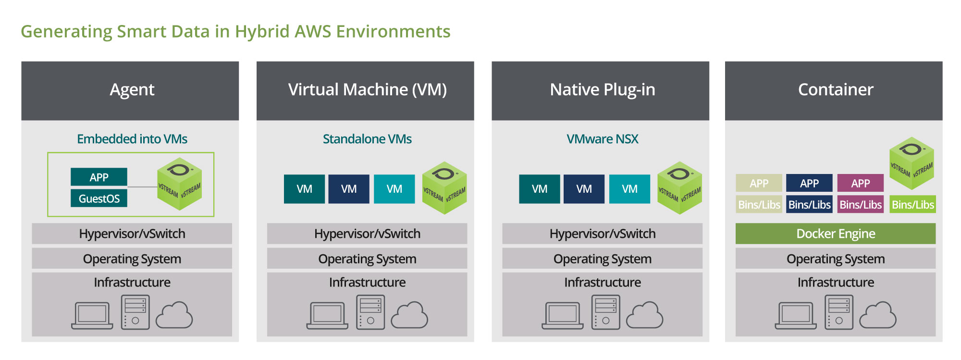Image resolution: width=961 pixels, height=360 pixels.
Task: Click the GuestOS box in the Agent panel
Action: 99,199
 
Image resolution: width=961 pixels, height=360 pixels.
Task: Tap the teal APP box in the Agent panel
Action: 99,177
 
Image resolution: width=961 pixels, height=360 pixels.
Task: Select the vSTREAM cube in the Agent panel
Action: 180,184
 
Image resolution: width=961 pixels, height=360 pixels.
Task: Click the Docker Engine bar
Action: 836,234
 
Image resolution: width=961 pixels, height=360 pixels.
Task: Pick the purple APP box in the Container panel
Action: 861,183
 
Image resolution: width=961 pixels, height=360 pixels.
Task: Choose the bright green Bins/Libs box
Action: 913,204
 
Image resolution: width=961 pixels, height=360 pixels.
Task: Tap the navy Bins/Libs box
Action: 810,204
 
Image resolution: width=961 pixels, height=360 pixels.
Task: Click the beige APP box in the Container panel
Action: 759,183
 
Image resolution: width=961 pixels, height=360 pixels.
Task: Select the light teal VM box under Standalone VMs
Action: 394,189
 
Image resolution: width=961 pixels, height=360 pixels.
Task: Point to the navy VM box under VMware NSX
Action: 584,189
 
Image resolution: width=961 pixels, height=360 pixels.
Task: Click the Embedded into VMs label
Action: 132,139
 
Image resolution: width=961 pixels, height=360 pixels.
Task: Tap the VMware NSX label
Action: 603,139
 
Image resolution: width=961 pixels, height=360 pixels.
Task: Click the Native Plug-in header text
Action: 603,90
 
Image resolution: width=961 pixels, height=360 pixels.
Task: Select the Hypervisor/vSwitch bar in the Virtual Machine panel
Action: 367,234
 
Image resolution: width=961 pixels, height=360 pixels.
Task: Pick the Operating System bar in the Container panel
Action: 836,259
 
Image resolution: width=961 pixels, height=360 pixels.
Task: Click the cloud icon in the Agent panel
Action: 174,315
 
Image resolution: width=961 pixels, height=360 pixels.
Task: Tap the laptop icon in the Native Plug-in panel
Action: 563,316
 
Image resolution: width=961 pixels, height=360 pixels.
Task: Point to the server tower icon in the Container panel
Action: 839,312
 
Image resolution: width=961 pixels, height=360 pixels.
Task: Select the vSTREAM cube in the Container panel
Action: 912,163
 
